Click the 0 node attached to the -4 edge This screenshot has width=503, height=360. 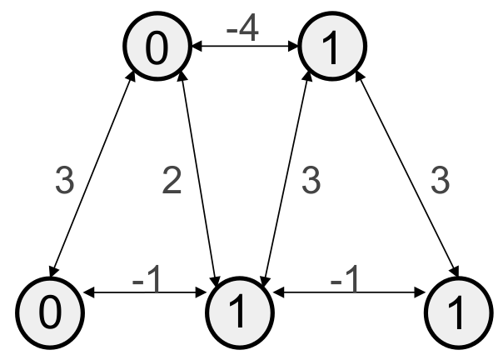point(156,49)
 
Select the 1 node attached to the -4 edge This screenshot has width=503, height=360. point(331,49)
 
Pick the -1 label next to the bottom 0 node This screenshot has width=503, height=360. point(148,281)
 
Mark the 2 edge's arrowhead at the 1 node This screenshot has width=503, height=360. point(217,280)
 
